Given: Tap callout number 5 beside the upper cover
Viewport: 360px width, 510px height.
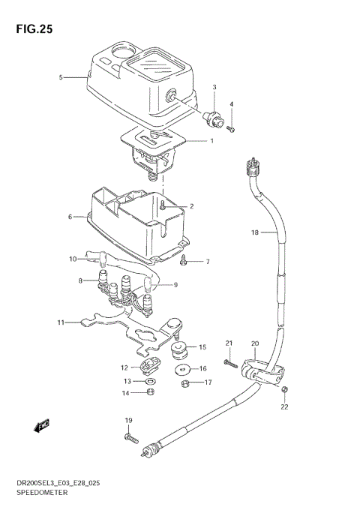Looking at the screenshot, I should [61, 77].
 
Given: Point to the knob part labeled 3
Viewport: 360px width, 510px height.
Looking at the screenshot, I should [212, 117].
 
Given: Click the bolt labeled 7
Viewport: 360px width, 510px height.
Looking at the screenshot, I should [184, 261].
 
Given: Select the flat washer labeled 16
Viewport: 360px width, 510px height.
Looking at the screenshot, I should [182, 370].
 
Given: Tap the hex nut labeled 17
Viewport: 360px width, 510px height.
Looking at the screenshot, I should [185, 383].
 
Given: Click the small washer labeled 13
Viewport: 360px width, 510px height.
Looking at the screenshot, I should [148, 381].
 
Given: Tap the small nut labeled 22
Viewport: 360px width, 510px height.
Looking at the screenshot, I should [285, 388].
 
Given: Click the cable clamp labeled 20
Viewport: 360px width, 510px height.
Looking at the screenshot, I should [257, 369].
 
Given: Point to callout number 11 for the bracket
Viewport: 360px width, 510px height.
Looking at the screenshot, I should [60, 322].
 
